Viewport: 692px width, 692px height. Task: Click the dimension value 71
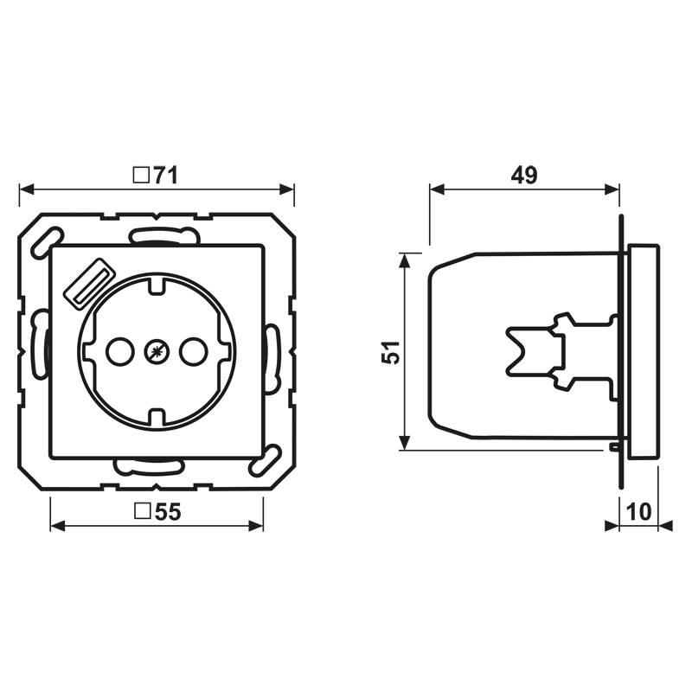click(165, 175)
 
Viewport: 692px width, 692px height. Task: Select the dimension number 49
click(523, 175)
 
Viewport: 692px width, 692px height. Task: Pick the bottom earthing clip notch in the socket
click(156, 419)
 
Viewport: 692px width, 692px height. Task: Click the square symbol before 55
click(143, 512)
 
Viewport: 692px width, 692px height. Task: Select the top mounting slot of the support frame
click(161, 234)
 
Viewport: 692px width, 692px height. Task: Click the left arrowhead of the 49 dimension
click(435, 189)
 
